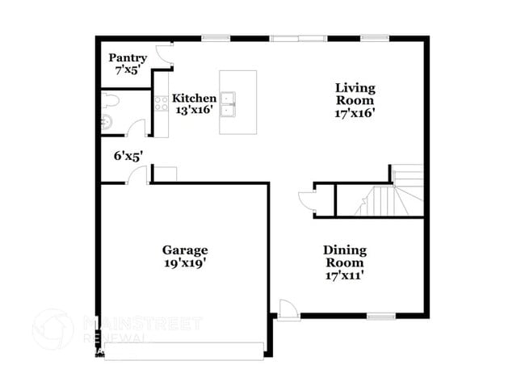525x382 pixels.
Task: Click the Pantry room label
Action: [128, 58]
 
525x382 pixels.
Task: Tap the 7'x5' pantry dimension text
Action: [128, 70]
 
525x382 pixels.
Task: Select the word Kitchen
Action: [195, 99]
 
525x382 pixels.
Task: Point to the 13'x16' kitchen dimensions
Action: [194, 111]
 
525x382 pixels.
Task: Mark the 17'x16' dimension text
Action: [355, 113]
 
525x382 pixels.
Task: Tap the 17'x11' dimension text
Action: [344, 275]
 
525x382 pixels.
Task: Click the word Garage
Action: [184, 250]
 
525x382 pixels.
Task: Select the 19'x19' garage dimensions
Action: [184, 262]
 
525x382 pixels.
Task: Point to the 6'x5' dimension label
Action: [128, 157]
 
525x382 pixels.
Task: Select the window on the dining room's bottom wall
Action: [380, 315]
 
